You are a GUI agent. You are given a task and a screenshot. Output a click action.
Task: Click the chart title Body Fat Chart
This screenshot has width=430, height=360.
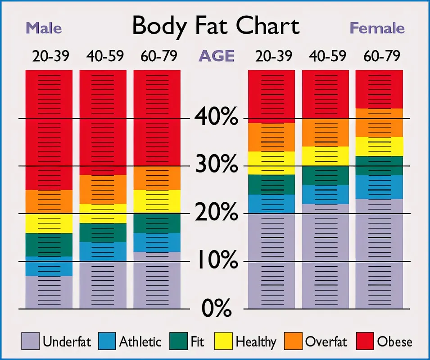(215, 26)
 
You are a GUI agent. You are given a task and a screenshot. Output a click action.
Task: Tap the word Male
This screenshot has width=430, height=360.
(44, 28)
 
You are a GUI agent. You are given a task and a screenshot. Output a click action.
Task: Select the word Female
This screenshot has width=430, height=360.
(377, 28)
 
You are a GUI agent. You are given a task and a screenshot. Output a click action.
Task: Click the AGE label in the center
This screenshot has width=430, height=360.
(216, 56)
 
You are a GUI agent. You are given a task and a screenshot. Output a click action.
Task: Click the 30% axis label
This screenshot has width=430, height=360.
(216, 165)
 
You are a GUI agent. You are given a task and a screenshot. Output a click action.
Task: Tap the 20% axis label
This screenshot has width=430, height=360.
(216, 213)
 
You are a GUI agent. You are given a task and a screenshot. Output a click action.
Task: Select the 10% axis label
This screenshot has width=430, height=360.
(216, 261)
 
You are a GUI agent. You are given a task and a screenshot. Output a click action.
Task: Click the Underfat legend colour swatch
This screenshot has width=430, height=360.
(30, 341)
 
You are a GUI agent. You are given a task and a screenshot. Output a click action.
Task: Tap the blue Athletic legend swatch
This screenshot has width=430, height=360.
(106, 341)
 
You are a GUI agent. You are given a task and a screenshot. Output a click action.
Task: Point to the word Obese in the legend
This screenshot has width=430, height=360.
(394, 342)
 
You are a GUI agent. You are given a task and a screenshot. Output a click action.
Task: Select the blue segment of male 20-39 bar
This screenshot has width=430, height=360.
(49, 266)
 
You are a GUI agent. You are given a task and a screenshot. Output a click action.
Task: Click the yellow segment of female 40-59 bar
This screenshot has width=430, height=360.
(325, 156)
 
